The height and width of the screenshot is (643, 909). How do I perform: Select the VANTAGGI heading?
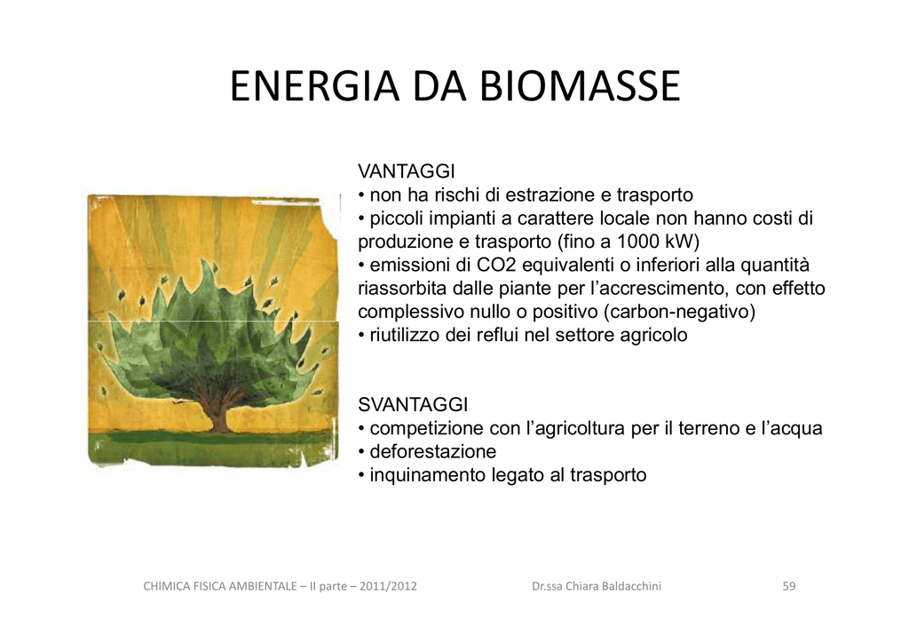coord(407,171)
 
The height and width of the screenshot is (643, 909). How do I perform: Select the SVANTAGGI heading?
coord(413,404)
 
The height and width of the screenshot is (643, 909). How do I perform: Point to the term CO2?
coord(497,265)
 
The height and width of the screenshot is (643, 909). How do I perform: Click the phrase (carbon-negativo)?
coord(679,312)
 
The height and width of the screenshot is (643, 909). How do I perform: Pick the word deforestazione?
coord(433,451)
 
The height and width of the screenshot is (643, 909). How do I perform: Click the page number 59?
coord(789,586)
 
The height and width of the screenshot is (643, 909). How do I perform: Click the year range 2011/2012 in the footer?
coord(388,586)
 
